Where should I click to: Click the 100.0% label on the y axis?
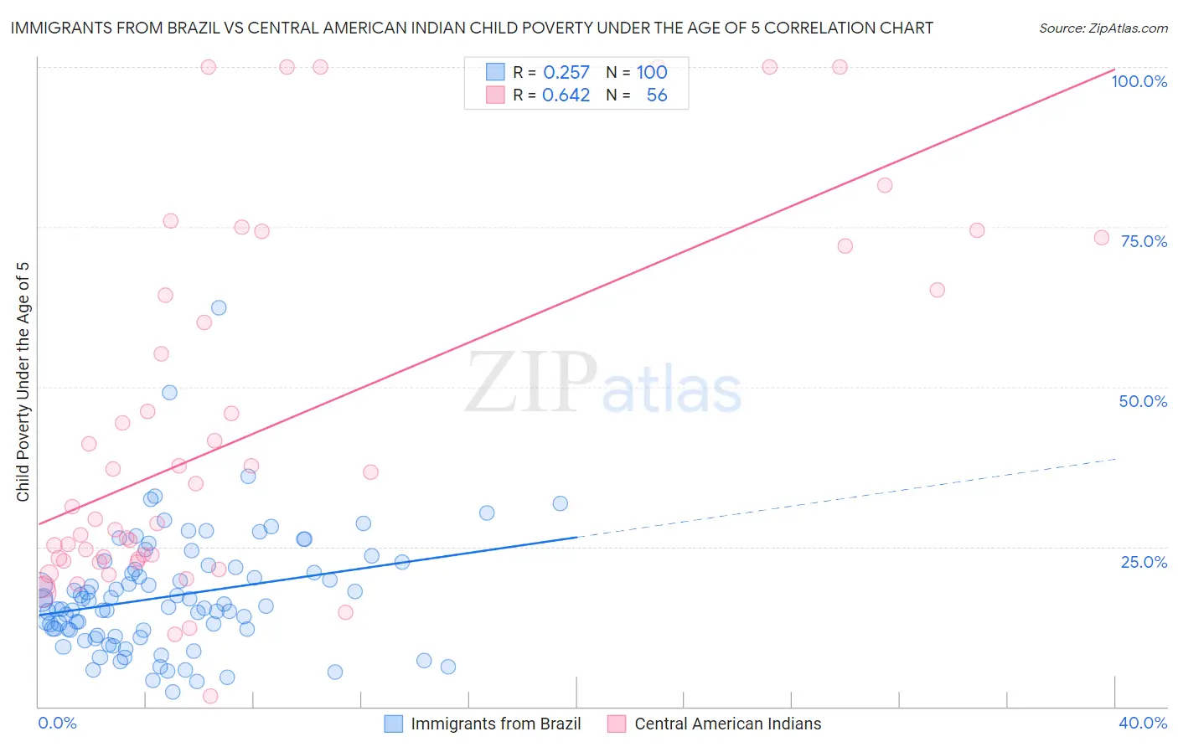tap(1139, 81)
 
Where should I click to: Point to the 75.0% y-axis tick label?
tap(1144, 241)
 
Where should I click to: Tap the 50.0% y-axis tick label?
tap(1143, 401)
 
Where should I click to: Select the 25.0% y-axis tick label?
tap(1144, 562)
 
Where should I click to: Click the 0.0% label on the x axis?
tap(57, 723)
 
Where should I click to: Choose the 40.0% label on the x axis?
tap(1143, 723)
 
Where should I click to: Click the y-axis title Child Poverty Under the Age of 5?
tap(23, 382)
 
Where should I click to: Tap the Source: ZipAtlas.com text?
tap(1103, 28)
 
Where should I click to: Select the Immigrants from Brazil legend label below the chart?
tap(495, 724)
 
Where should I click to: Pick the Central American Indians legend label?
tap(727, 724)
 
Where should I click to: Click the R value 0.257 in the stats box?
tap(566, 73)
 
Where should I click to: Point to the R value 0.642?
tap(566, 95)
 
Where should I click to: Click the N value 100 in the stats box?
tap(651, 73)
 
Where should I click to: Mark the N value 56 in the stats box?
tap(656, 95)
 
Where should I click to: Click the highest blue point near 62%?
tap(219, 307)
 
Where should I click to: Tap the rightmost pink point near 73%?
tap(1102, 238)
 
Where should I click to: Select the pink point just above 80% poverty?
tap(885, 185)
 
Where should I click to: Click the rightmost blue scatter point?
tap(561, 503)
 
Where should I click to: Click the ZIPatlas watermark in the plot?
tap(603, 384)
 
